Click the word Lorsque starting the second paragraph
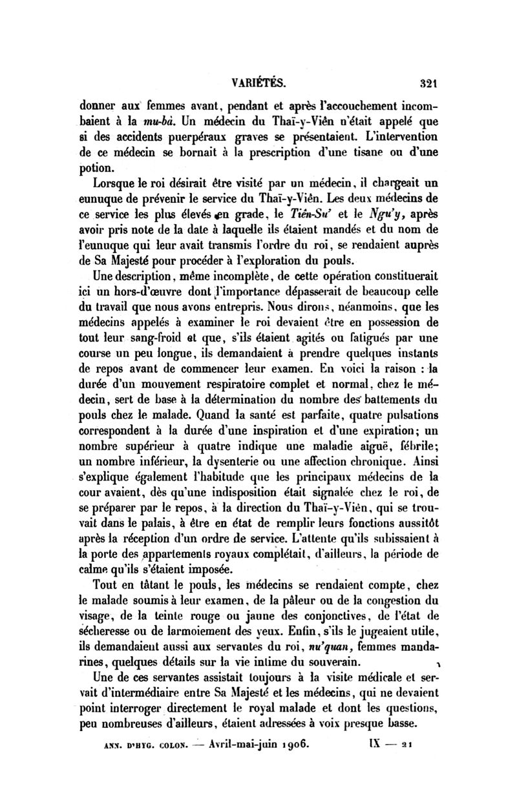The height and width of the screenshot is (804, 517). point(117,187)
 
